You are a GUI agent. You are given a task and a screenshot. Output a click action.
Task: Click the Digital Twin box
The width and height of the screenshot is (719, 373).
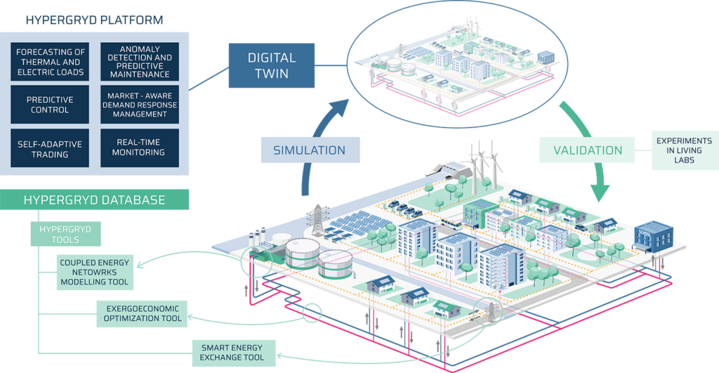[x=272, y=65]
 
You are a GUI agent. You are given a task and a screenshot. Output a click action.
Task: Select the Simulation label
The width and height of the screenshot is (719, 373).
[x=310, y=150]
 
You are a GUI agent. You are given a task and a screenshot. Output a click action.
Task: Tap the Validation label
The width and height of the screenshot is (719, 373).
[x=588, y=150]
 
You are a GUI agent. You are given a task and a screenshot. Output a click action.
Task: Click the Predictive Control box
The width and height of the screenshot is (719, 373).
[x=50, y=105]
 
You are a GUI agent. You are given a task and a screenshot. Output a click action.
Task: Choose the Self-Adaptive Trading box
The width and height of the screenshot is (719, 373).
[x=50, y=148]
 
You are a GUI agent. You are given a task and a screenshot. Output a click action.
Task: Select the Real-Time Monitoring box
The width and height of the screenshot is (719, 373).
[x=140, y=148]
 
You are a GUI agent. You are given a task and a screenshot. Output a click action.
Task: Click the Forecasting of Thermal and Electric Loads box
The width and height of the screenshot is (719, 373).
[x=50, y=62]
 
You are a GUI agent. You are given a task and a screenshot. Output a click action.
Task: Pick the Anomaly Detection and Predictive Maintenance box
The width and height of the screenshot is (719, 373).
[x=140, y=62]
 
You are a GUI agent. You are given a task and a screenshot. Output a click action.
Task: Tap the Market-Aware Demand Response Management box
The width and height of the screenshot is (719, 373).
[x=140, y=105]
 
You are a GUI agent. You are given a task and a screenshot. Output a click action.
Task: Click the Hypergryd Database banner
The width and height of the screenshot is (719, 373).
[x=94, y=199]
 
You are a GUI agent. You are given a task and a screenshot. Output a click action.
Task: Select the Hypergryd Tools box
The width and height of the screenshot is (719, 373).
[x=65, y=234]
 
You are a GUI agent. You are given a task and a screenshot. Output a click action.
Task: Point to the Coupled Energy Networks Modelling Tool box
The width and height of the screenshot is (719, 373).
[x=95, y=273]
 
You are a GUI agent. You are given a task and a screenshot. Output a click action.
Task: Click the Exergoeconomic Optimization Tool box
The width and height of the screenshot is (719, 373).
[x=142, y=314]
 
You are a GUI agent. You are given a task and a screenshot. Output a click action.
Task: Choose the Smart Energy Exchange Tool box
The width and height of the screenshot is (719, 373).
[x=233, y=353]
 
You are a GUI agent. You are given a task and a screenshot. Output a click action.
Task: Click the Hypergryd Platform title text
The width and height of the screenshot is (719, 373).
[x=94, y=20]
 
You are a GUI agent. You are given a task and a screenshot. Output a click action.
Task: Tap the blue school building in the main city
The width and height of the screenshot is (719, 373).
[x=654, y=237]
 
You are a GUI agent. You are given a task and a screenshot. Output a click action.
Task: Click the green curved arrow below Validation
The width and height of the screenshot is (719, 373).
[x=588, y=152]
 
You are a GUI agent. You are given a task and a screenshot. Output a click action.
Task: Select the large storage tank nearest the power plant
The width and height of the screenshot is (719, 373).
[x=302, y=254]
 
